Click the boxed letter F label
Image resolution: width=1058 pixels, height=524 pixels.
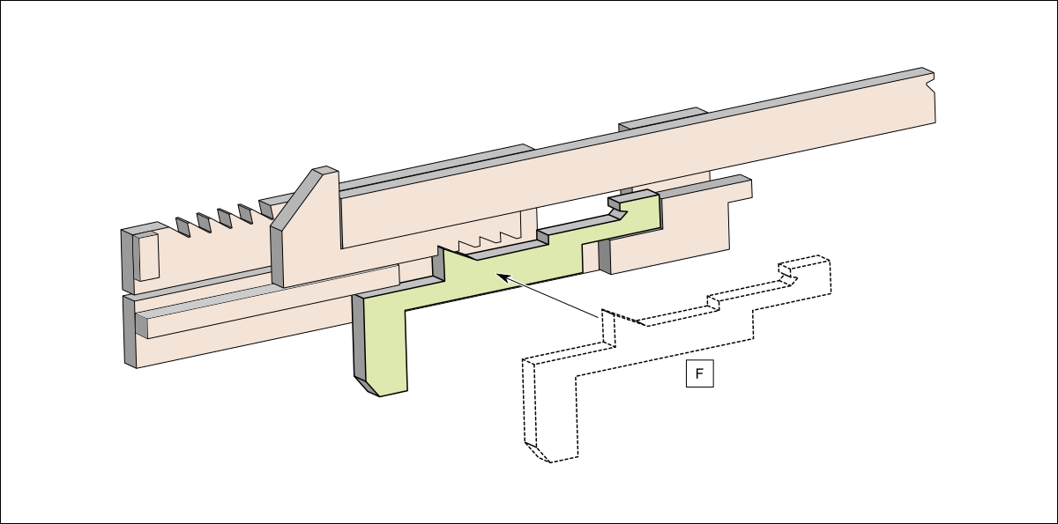pos(699,373)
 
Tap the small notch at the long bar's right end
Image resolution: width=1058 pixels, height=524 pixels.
pos(930,85)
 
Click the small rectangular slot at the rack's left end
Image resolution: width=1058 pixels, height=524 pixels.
pos(148,256)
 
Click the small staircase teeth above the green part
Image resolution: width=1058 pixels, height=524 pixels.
pos(488,240)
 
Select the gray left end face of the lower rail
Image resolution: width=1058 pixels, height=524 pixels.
pos(130,331)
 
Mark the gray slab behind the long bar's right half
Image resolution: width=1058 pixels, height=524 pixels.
pos(664,119)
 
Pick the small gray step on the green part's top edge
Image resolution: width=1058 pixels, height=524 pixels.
pos(543,237)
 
